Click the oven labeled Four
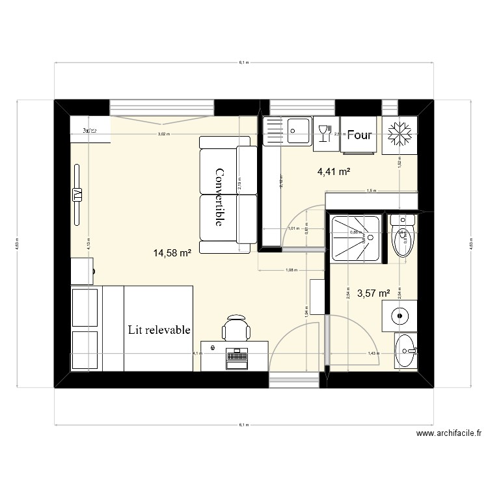coord(359,135)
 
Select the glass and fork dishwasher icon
coord(323,134)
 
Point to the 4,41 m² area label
coord(334,172)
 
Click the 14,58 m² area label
coord(172,253)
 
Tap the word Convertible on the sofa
coord(219,197)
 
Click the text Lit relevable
coord(159,330)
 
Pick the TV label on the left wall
coord(77,195)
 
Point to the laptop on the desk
coord(237,357)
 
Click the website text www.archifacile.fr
coord(449,433)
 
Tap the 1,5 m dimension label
coord(371,191)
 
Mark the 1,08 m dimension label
coord(291,269)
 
